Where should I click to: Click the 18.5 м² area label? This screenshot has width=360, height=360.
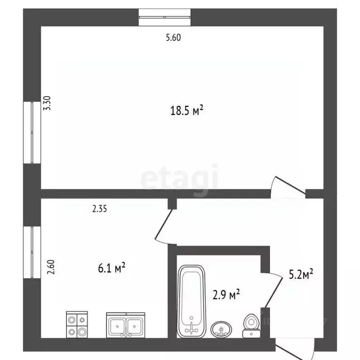[186, 111]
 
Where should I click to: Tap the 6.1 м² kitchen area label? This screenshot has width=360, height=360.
[110, 269]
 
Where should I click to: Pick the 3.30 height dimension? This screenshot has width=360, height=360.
[46, 103]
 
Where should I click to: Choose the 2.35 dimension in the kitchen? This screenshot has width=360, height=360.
[100, 210]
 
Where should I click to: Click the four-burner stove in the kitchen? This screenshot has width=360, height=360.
[76, 324]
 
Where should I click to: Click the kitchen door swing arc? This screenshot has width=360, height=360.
[163, 226]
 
